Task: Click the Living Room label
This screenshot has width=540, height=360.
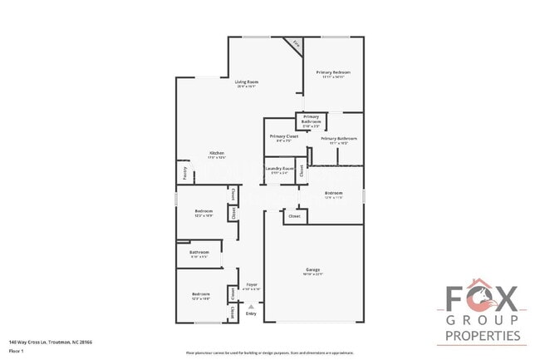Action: (247, 81)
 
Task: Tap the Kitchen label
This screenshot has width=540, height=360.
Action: (218, 153)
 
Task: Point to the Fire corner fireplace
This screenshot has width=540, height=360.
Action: (293, 45)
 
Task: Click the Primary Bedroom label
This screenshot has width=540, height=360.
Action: (333, 73)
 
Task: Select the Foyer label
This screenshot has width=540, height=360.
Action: (251, 285)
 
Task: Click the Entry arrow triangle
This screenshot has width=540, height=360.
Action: (251, 307)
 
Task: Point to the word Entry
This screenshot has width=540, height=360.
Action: (251, 314)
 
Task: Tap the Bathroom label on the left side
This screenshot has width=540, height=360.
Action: (199, 252)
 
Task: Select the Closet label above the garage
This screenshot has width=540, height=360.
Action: (294, 216)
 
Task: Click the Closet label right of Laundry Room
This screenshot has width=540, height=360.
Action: (302, 173)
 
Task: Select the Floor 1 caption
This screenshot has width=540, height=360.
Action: (17, 351)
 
